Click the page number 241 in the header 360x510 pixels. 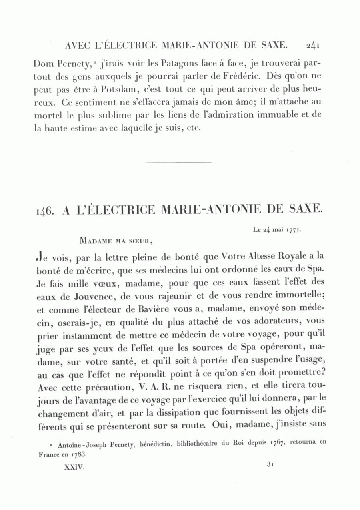312,45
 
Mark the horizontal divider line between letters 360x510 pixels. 178,162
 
